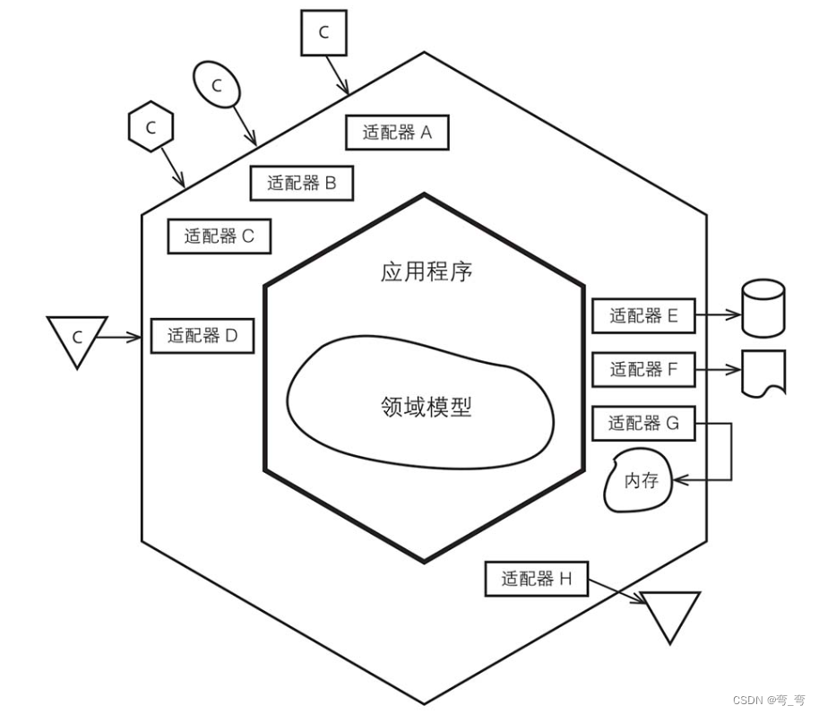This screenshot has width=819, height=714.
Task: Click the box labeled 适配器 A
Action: [x=397, y=133]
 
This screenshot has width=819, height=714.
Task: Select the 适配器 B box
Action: [x=302, y=184]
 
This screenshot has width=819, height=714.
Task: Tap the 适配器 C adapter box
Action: [x=220, y=237]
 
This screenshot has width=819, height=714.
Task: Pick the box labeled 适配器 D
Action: [x=203, y=336]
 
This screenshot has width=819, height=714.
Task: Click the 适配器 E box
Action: [x=644, y=315]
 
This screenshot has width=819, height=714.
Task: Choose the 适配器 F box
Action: [x=644, y=368]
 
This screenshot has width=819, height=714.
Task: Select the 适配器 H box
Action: [x=536, y=579]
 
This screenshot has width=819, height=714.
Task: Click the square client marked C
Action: [x=323, y=33]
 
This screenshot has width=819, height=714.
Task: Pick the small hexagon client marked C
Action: [x=151, y=128]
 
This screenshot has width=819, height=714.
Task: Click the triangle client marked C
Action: [x=77, y=338]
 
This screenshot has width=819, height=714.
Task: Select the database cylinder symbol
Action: [x=763, y=308]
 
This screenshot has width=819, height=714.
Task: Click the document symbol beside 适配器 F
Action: [x=764, y=371]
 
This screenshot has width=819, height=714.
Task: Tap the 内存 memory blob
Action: [x=640, y=481]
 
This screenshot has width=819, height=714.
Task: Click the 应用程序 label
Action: [x=426, y=272]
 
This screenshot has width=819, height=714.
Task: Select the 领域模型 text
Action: [x=426, y=407]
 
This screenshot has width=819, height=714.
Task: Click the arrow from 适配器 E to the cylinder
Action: [x=719, y=315]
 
